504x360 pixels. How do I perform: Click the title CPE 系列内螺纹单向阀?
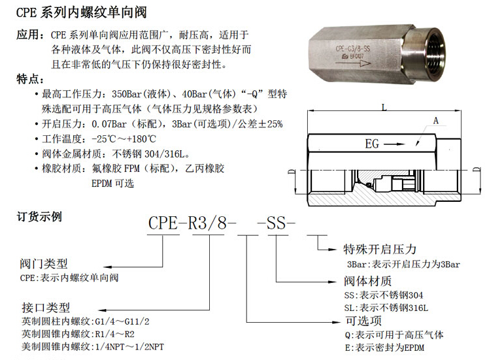tap(81, 12)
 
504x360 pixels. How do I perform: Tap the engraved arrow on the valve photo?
tap(353, 63)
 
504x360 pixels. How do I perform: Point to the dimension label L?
tap(384, 107)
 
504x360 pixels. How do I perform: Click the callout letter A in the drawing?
tap(435, 121)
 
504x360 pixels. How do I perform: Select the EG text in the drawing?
tap(372, 144)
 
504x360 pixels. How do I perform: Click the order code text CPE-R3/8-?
tap(192, 223)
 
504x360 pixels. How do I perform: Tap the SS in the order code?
tap(276, 223)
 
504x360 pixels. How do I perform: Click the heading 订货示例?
tap(39, 216)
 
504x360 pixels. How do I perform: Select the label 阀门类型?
tap(44, 264)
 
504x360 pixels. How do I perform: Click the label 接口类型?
tap(46, 307)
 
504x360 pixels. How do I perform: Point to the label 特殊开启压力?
tap(380, 249)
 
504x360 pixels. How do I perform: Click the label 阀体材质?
tap(368, 281)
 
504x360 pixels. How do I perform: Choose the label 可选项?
tap(363, 321)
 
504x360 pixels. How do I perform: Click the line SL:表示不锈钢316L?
tap(386, 308)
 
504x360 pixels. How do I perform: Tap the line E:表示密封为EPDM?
tap(385, 348)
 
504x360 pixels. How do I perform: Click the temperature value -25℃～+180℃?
tap(124, 139)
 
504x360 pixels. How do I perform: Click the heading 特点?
tap(30, 79)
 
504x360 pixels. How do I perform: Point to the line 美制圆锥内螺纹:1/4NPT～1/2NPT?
tap(93, 347)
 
